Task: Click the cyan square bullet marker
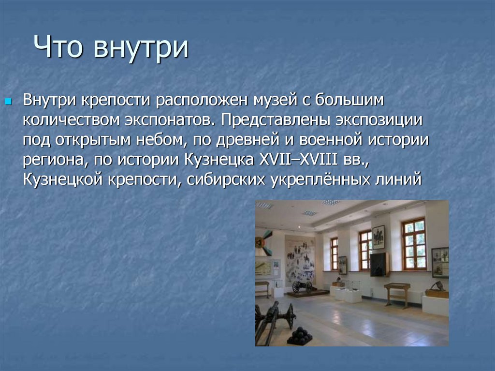[9, 102]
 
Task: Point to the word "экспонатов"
[168, 120]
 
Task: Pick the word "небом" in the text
[160, 140]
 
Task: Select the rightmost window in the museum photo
[414, 244]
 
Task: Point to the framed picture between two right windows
[378, 237]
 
